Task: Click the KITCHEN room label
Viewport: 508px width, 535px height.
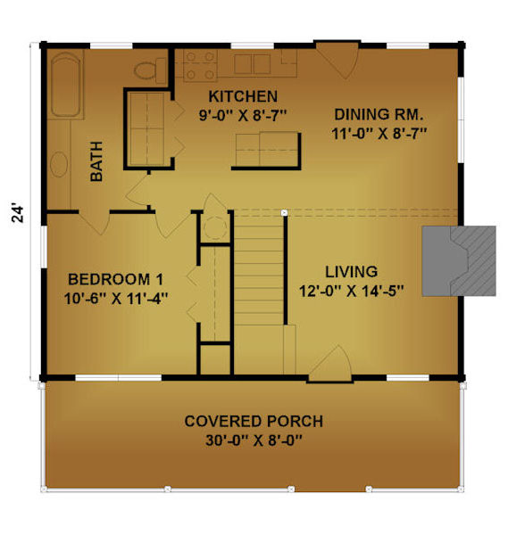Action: (x=243, y=96)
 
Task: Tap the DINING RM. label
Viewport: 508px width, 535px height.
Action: (x=379, y=115)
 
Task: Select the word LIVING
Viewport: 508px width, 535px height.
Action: (x=351, y=272)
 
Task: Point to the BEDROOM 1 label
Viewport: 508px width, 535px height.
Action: (x=115, y=279)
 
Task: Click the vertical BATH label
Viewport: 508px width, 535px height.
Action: (x=96, y=161)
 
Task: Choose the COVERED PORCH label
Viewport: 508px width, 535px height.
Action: (x=254, y=422)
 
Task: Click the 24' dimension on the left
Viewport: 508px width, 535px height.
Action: (x=18, y=214)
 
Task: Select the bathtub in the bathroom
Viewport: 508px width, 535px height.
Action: (x=65, y=85)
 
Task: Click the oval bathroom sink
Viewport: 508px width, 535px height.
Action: (x=59, y=164)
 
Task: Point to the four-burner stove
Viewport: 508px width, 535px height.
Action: (x=200, y=65)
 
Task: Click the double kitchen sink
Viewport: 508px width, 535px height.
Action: (x=253, y=64)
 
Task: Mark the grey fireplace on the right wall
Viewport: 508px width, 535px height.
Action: (x=459, y=260)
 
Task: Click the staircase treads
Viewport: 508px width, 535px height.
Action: (x=259, y=269)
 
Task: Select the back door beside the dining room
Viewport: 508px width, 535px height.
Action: (x=337, y=60)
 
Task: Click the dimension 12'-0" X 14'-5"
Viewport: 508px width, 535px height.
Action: (x=352, y=291)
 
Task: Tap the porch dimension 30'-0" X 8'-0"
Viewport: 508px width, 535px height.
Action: (x=254, y=440)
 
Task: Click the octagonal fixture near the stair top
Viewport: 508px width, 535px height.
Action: (x=214, y=227)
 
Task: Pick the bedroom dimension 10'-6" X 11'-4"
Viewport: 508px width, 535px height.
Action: (x=116, y=299)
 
